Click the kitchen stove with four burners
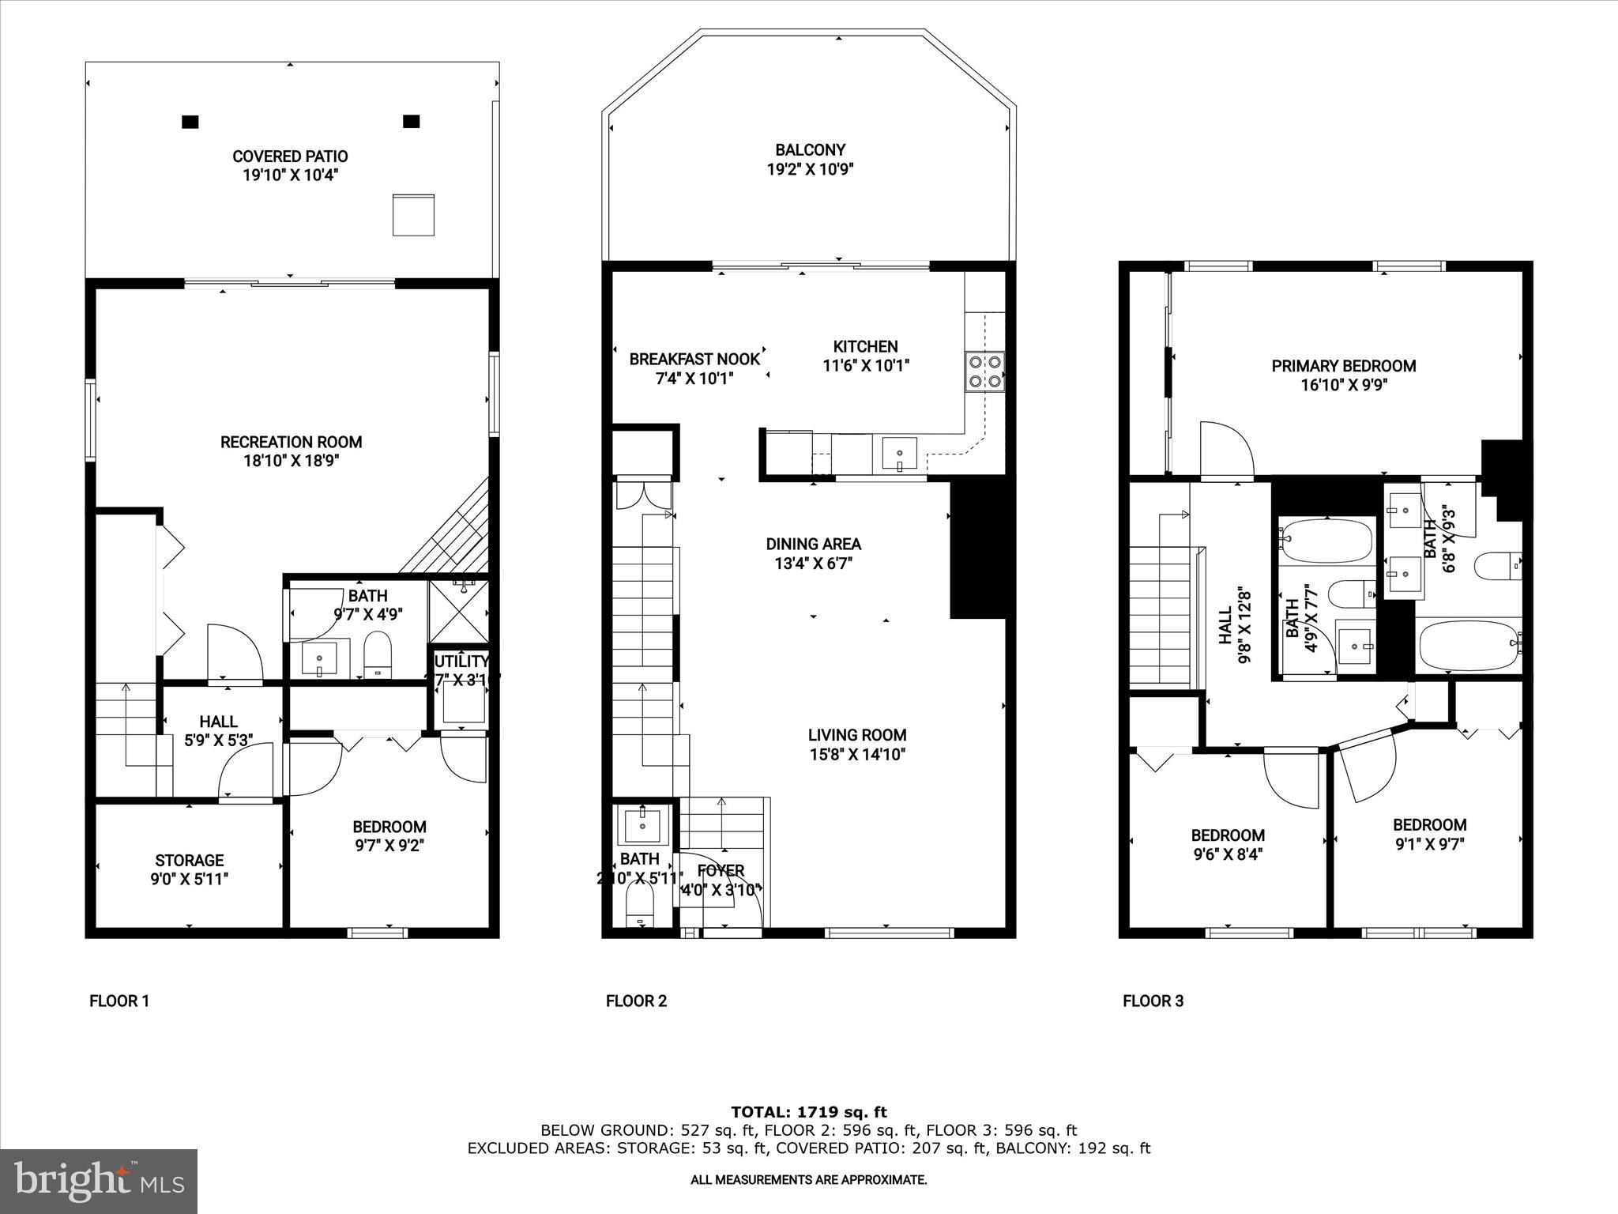coord(984,371)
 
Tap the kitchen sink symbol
coord(899,455)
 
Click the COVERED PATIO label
coord(290,156)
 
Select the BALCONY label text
coord(810,149)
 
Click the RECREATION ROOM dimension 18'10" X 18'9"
coord(291,462)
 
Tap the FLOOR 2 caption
coord(636,1001)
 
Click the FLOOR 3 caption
coord(1153,1001)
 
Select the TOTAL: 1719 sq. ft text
coord(808,1113)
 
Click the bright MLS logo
coord(99,1181)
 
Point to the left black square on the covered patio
coord(190,122)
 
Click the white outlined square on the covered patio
coord(413,214)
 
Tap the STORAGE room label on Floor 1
coord(189,860)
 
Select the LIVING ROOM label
coord(856,734)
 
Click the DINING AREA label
coord(813,544)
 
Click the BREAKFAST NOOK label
coord(694,359)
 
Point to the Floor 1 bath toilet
coord(378,656)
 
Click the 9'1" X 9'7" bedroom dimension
coord(1428,844)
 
